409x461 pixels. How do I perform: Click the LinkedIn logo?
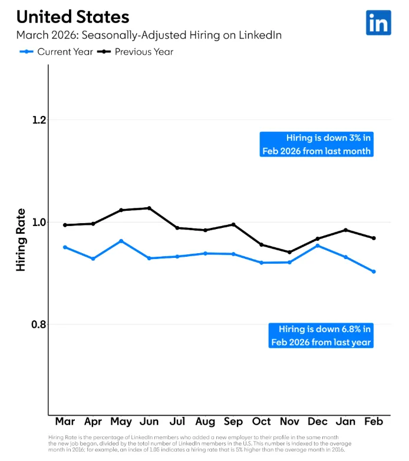(378, 22)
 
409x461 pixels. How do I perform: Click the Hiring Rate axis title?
(21, 240)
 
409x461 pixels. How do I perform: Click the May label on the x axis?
(121, 422)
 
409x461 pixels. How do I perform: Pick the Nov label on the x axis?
(289, 422)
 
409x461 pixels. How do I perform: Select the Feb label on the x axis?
(374, 422)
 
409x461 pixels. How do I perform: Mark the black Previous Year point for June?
(149, 208)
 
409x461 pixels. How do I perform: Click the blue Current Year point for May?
(121, 241)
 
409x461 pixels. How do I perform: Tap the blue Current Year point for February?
(374, 271)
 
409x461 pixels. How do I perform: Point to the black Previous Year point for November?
(289, 252)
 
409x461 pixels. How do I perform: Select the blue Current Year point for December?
(318, 245)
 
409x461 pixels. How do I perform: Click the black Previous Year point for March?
(65, 225)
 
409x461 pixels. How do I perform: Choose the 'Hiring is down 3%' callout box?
(317, 144)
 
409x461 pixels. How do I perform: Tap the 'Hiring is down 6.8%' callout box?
(321, 335)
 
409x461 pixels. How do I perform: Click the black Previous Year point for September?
(233, 224)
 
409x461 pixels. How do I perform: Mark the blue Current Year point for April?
(93, 258)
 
